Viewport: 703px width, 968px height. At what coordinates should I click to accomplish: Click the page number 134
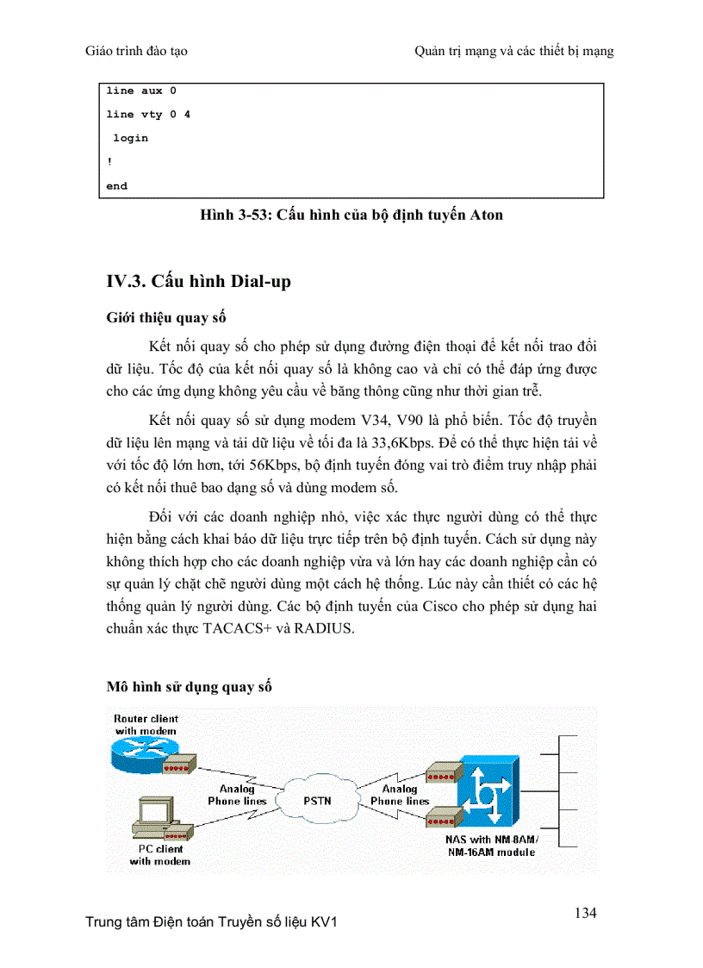pyautogui.click(x=584, y=913)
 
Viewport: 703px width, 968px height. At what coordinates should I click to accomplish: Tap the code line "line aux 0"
pyautogui.click(x=141, y=91)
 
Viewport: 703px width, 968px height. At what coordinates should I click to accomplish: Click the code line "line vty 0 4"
pyautogui.click(x=148, y=114)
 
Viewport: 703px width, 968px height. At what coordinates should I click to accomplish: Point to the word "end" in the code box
pyautogui.click(x=116, y=185)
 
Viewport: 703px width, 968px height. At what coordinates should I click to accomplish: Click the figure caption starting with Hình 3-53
pyautogui.click(x=351, y=215)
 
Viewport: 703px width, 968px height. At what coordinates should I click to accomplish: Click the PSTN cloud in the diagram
pyautogui.click(x=317, y=800)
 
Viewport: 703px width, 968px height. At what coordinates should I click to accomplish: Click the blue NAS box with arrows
pyautogui.click(x=488, y=790)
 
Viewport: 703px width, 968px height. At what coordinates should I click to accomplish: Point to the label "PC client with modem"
pyautogui.click(x=159, y=854)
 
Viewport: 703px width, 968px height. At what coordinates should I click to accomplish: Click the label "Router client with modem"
pyautogui.click(x=146, y=724)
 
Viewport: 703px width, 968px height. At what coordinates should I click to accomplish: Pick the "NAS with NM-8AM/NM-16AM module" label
pyautogui.click(x=489, y=846)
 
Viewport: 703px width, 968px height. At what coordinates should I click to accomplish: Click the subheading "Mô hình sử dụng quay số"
pyautogui.click(x=190, y=687)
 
